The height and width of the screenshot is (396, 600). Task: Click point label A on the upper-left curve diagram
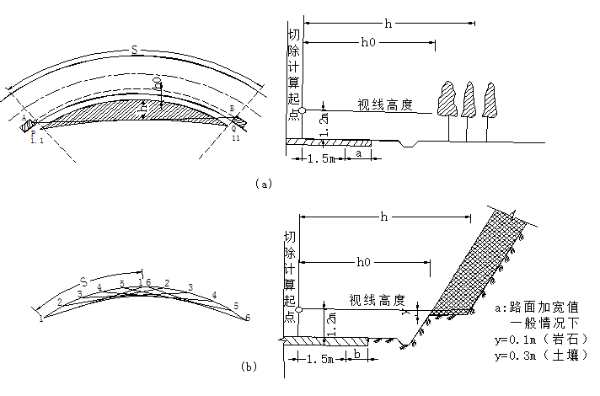(x=24, y=119)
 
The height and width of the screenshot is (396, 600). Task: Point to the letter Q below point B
(x=234, y=130)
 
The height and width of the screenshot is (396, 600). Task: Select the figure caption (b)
(x=249, y=366)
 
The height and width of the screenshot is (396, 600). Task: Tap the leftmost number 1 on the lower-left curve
(x=40, y=318)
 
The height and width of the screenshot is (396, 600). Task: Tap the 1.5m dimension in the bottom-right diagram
(x=317, y=358)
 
